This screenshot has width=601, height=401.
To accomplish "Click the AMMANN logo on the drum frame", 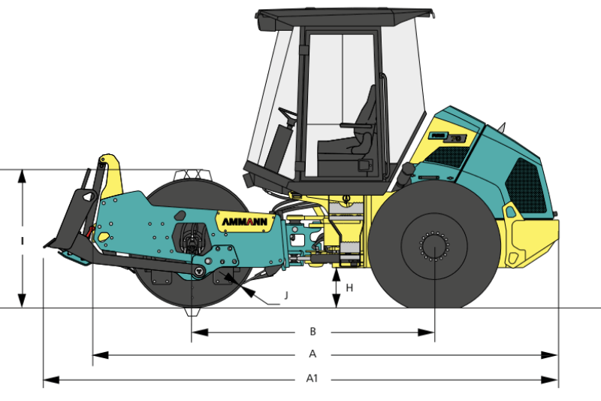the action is pos(245,222).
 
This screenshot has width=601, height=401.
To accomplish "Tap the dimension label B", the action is pos(313,332).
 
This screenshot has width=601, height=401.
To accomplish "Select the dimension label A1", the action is pos(312,378).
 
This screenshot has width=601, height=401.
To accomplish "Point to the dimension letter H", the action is pos(349,288).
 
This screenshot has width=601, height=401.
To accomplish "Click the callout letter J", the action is pos(286,296).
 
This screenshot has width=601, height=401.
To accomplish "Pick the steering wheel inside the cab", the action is pos(288,114).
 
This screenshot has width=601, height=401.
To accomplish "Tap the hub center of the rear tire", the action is pos(434,247).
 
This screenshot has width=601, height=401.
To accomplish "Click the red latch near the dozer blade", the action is pos(90,231).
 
